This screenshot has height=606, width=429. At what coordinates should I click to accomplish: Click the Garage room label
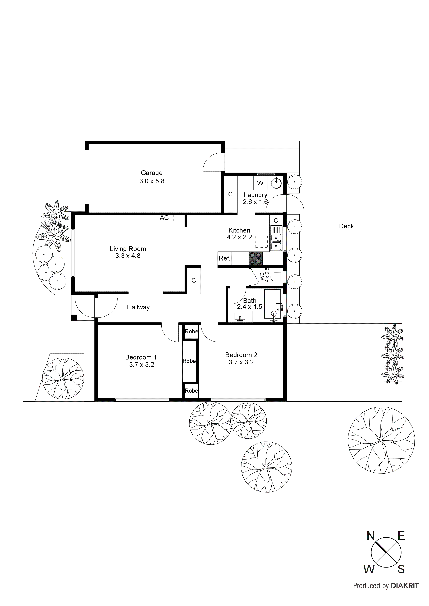(152, 173)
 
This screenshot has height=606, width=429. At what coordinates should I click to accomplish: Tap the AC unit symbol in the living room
(164, 218)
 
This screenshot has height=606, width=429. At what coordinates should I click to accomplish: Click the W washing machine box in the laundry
(260, 183)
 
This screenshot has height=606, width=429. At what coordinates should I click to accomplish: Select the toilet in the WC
(277, 277)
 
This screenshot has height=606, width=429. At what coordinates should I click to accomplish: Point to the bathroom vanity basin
(240, 316)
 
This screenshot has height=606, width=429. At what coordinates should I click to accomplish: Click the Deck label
(346, 226)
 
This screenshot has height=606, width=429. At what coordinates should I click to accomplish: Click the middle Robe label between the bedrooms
(189, 361)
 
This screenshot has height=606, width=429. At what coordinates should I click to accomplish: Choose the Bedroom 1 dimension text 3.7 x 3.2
(142, 364)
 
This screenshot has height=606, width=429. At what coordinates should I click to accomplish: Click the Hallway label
(138, 307)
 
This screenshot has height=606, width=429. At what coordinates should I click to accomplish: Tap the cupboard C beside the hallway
(194, 280)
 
